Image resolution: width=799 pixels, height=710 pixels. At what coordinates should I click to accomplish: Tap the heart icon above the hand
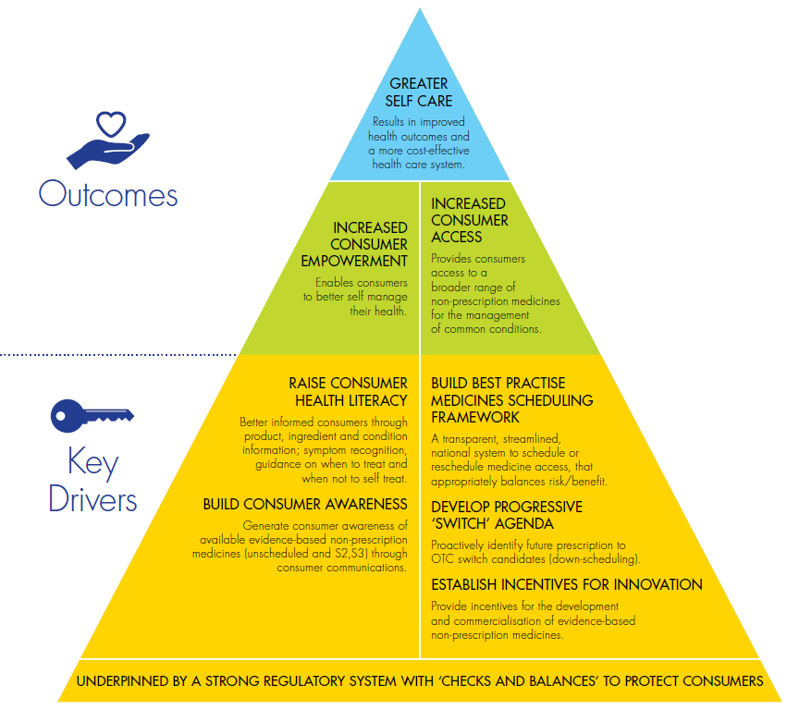[110, 123]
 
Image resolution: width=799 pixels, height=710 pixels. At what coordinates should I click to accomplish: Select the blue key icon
[92, 417]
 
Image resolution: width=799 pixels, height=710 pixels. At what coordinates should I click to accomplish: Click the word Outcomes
[108, 195]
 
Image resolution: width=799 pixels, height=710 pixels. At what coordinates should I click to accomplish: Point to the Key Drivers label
[92, 481]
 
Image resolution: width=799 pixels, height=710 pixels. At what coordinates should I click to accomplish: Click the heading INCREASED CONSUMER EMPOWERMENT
[370, 244]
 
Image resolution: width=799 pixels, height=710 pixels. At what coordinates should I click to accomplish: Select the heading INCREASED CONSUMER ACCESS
[470, 220]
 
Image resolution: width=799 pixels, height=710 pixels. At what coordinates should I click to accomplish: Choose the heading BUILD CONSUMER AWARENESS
[305, 504]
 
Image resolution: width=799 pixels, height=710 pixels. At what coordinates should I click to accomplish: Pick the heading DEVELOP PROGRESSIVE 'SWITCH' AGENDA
[507, 516]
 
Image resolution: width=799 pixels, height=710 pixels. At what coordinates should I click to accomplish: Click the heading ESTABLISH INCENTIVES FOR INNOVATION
[566, 584]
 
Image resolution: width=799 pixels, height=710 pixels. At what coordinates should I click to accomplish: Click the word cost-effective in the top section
[434, 150]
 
